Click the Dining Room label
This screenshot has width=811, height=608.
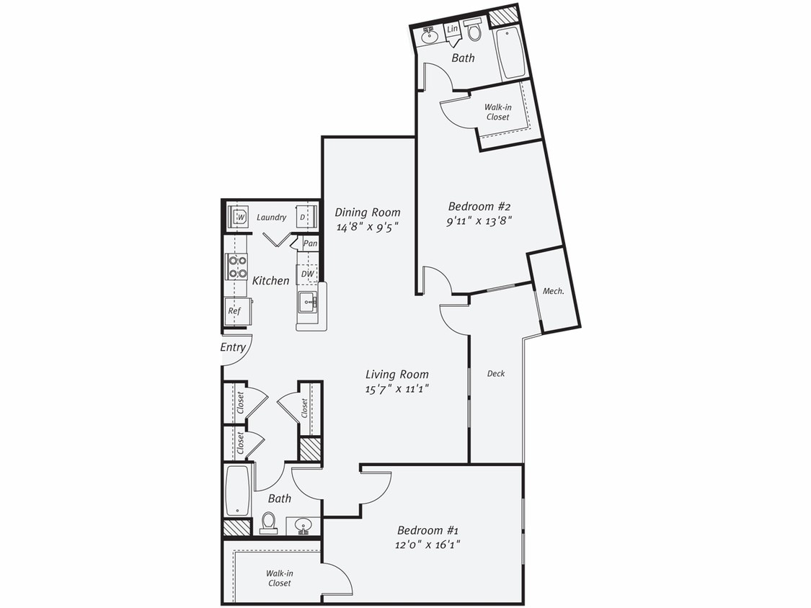click(x=368, y=213)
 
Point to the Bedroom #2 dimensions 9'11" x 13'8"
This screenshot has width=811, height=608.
click(x=479, y=221)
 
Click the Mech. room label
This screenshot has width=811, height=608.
click(x=553, y=291)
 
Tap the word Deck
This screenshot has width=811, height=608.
click(x=496, y=373)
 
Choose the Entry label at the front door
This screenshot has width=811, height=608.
click(x=233, y=347)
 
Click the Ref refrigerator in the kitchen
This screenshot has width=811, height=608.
click(x=234, y=311)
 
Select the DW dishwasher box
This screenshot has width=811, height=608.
click(x=307, y=274)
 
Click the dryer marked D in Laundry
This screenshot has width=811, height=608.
click(x=303, y=217)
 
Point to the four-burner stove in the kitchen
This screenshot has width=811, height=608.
click(x=237, y=267)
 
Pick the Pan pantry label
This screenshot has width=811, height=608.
click(x=310, y=243)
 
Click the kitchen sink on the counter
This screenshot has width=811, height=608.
click(x=306, y=301)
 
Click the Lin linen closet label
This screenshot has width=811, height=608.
click(x=453, y=29)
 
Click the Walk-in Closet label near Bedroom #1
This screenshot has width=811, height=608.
click(x=280, y=578)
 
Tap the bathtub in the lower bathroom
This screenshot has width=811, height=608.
click(x=238, y=491)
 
